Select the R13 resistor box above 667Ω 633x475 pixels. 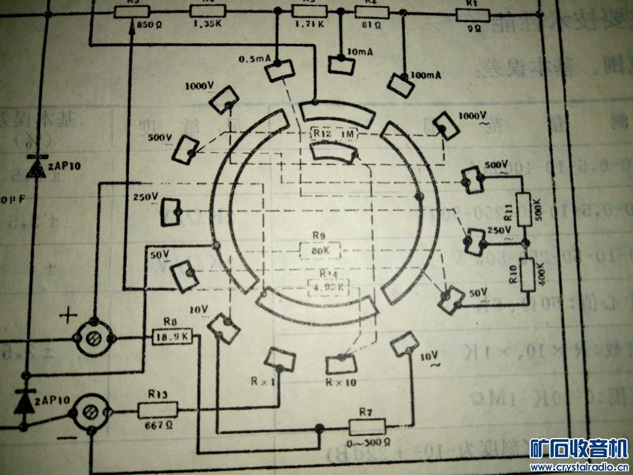[158, 409]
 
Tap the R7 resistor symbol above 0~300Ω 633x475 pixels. [367, 427]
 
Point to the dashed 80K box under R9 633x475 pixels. [320, 250]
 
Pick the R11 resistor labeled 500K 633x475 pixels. [524, 207]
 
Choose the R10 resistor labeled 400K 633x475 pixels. [527, 275]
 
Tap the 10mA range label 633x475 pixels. [360, 53]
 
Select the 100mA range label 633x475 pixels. [425, 75]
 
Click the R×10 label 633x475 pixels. [340, 382]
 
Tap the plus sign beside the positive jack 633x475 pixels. [67, 317]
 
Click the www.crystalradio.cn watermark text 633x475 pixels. [579, 466]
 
